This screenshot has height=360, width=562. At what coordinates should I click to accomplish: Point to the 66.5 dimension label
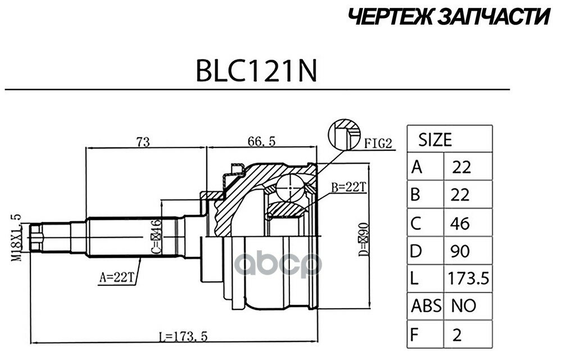point(261,142)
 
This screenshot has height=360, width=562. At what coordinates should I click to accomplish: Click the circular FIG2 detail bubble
point(343,136)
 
